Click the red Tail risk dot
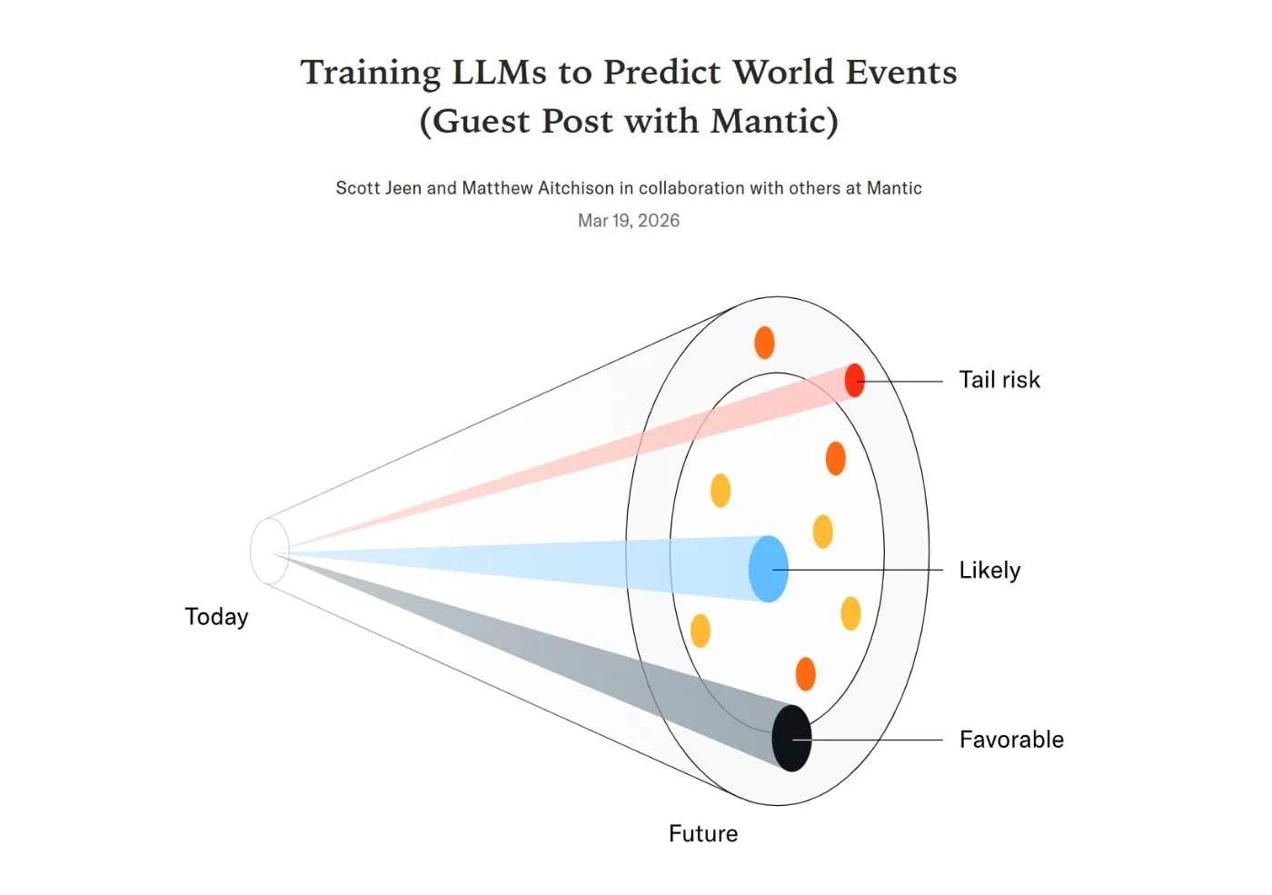pos(855,381)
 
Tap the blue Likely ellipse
pos(769,569)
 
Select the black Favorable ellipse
pos(791,738)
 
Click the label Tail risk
pos(999,380)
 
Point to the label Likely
pos(989,571)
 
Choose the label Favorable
pos(1011,740)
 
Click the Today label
pos(216,617)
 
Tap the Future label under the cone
pos(703,834)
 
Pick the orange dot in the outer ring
pos(764,343)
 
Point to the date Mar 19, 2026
pos(629,220)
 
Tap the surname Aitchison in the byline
pos(576,188)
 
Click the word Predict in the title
pos(661,73)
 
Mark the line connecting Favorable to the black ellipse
pos(868,740)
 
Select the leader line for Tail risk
pos(899,381)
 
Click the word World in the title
pos(782,73)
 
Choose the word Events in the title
pos(900,73)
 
